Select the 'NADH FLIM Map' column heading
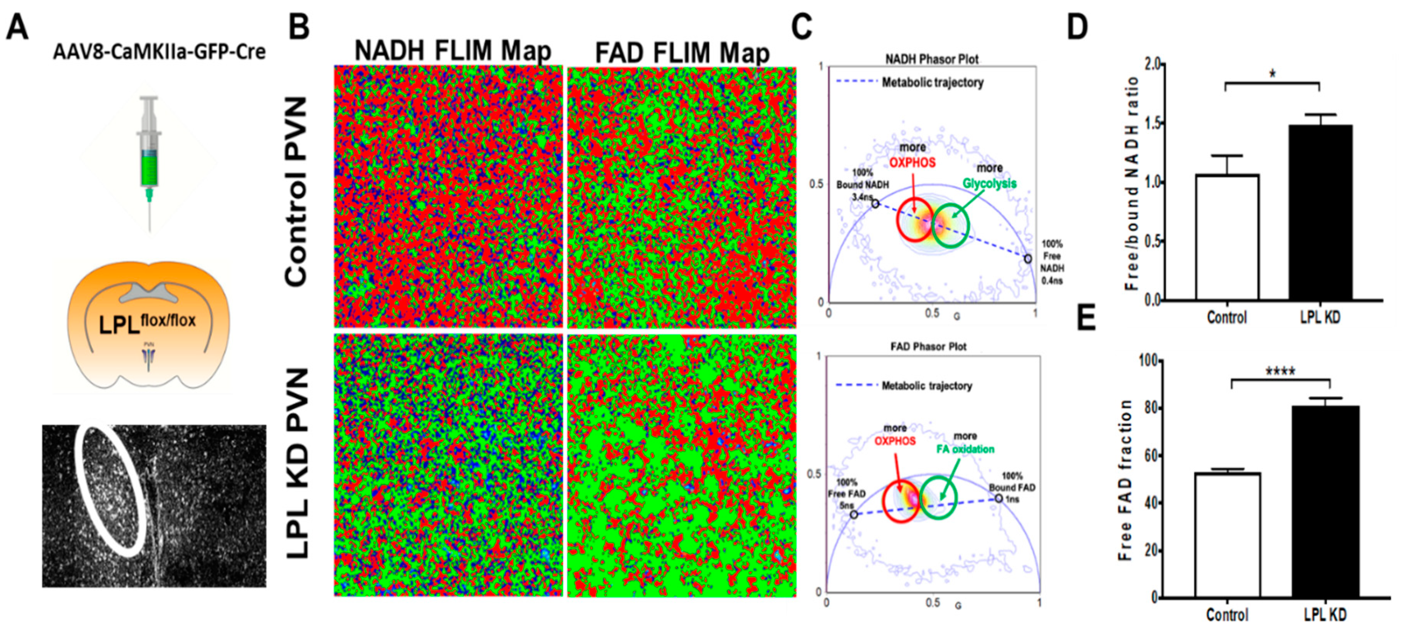coord(452,52)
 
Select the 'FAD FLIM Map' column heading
coord(682,53)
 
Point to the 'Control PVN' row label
coord(297,192)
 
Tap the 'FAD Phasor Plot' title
coord(928,346)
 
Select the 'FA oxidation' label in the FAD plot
coord(965,449)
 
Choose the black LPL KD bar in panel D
coord(1320,212)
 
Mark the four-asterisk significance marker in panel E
coord(1280,371)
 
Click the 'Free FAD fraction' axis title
coord(1126,479)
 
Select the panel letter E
coord(1086,319)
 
